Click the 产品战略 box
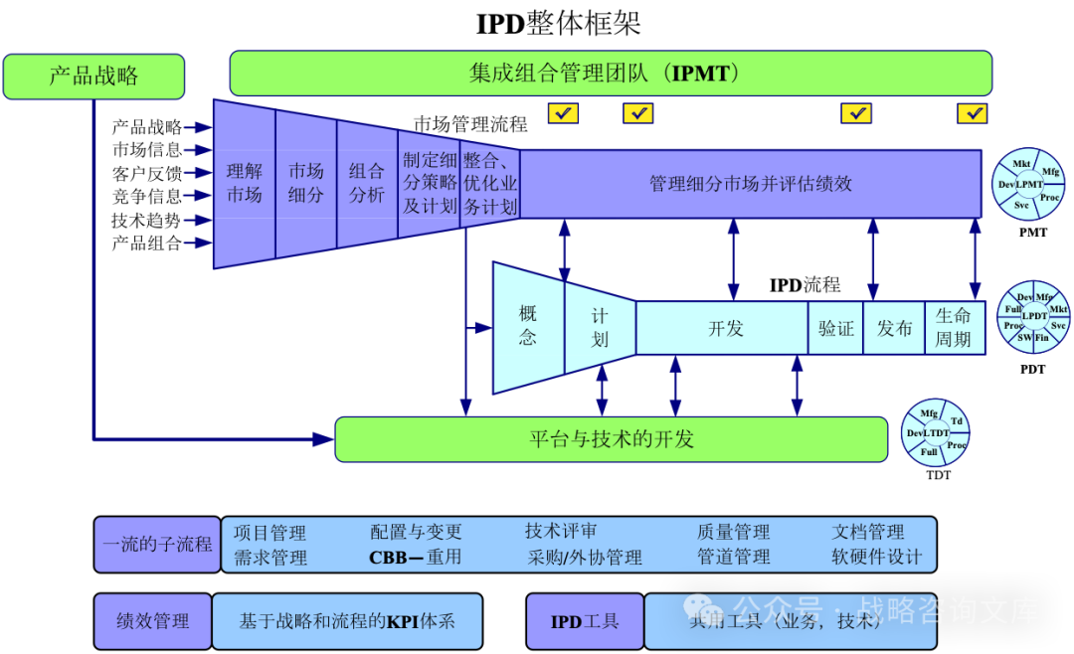click(x=93, y=77)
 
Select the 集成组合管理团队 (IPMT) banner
click(x=611, y=74)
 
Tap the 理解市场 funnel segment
click(x=245, y=184)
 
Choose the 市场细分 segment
click(x=306, y=183)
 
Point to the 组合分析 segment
click(x=367, y=183)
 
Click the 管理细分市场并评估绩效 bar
click(x=751, y=184)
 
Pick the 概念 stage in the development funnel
click(x=528, y=326)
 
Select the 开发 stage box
click(x=724, y=328)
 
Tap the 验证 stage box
click(x=836, y=328)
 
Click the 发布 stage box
click(x=894, y=328)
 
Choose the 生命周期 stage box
click(x=954, y=328)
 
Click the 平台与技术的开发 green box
click(x=611, y=439)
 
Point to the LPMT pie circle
click(x=1028, y=184)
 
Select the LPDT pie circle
click(x=1034, y=316)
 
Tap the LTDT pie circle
click(x=935, y=433)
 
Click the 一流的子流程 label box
click(x=157, y=545)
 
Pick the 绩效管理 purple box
click(x=152, y=621)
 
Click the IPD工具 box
click(x=585, y=621)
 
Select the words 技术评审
click(x=561, y=532)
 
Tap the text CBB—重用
click(x=415, y=558)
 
